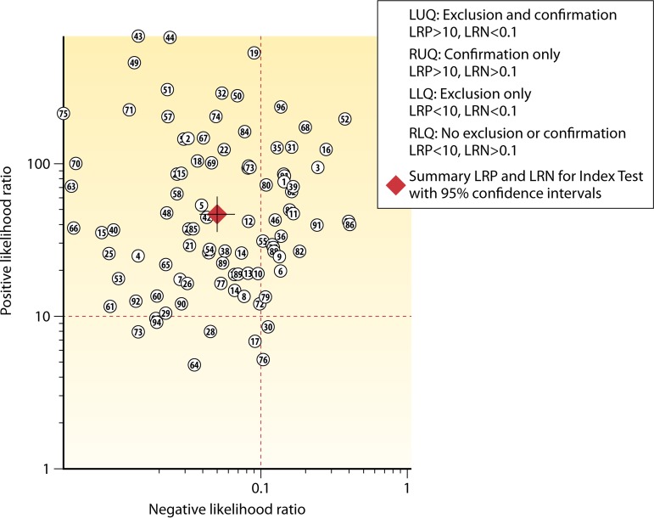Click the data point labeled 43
tap(138, 37)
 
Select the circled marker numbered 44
tap(170, 37)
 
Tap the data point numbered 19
tap(254, 53)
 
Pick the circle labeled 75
tap(63, 114)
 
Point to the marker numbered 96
tap(281, 107)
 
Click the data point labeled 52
tap(344, 119)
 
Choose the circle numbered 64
tap(194, 365)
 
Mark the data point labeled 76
tap(263, 360)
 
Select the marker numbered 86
tap(349, 225)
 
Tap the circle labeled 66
tap(74, 228)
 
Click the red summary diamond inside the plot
tap(218, 216)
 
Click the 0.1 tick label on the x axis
tap(260, 487)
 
